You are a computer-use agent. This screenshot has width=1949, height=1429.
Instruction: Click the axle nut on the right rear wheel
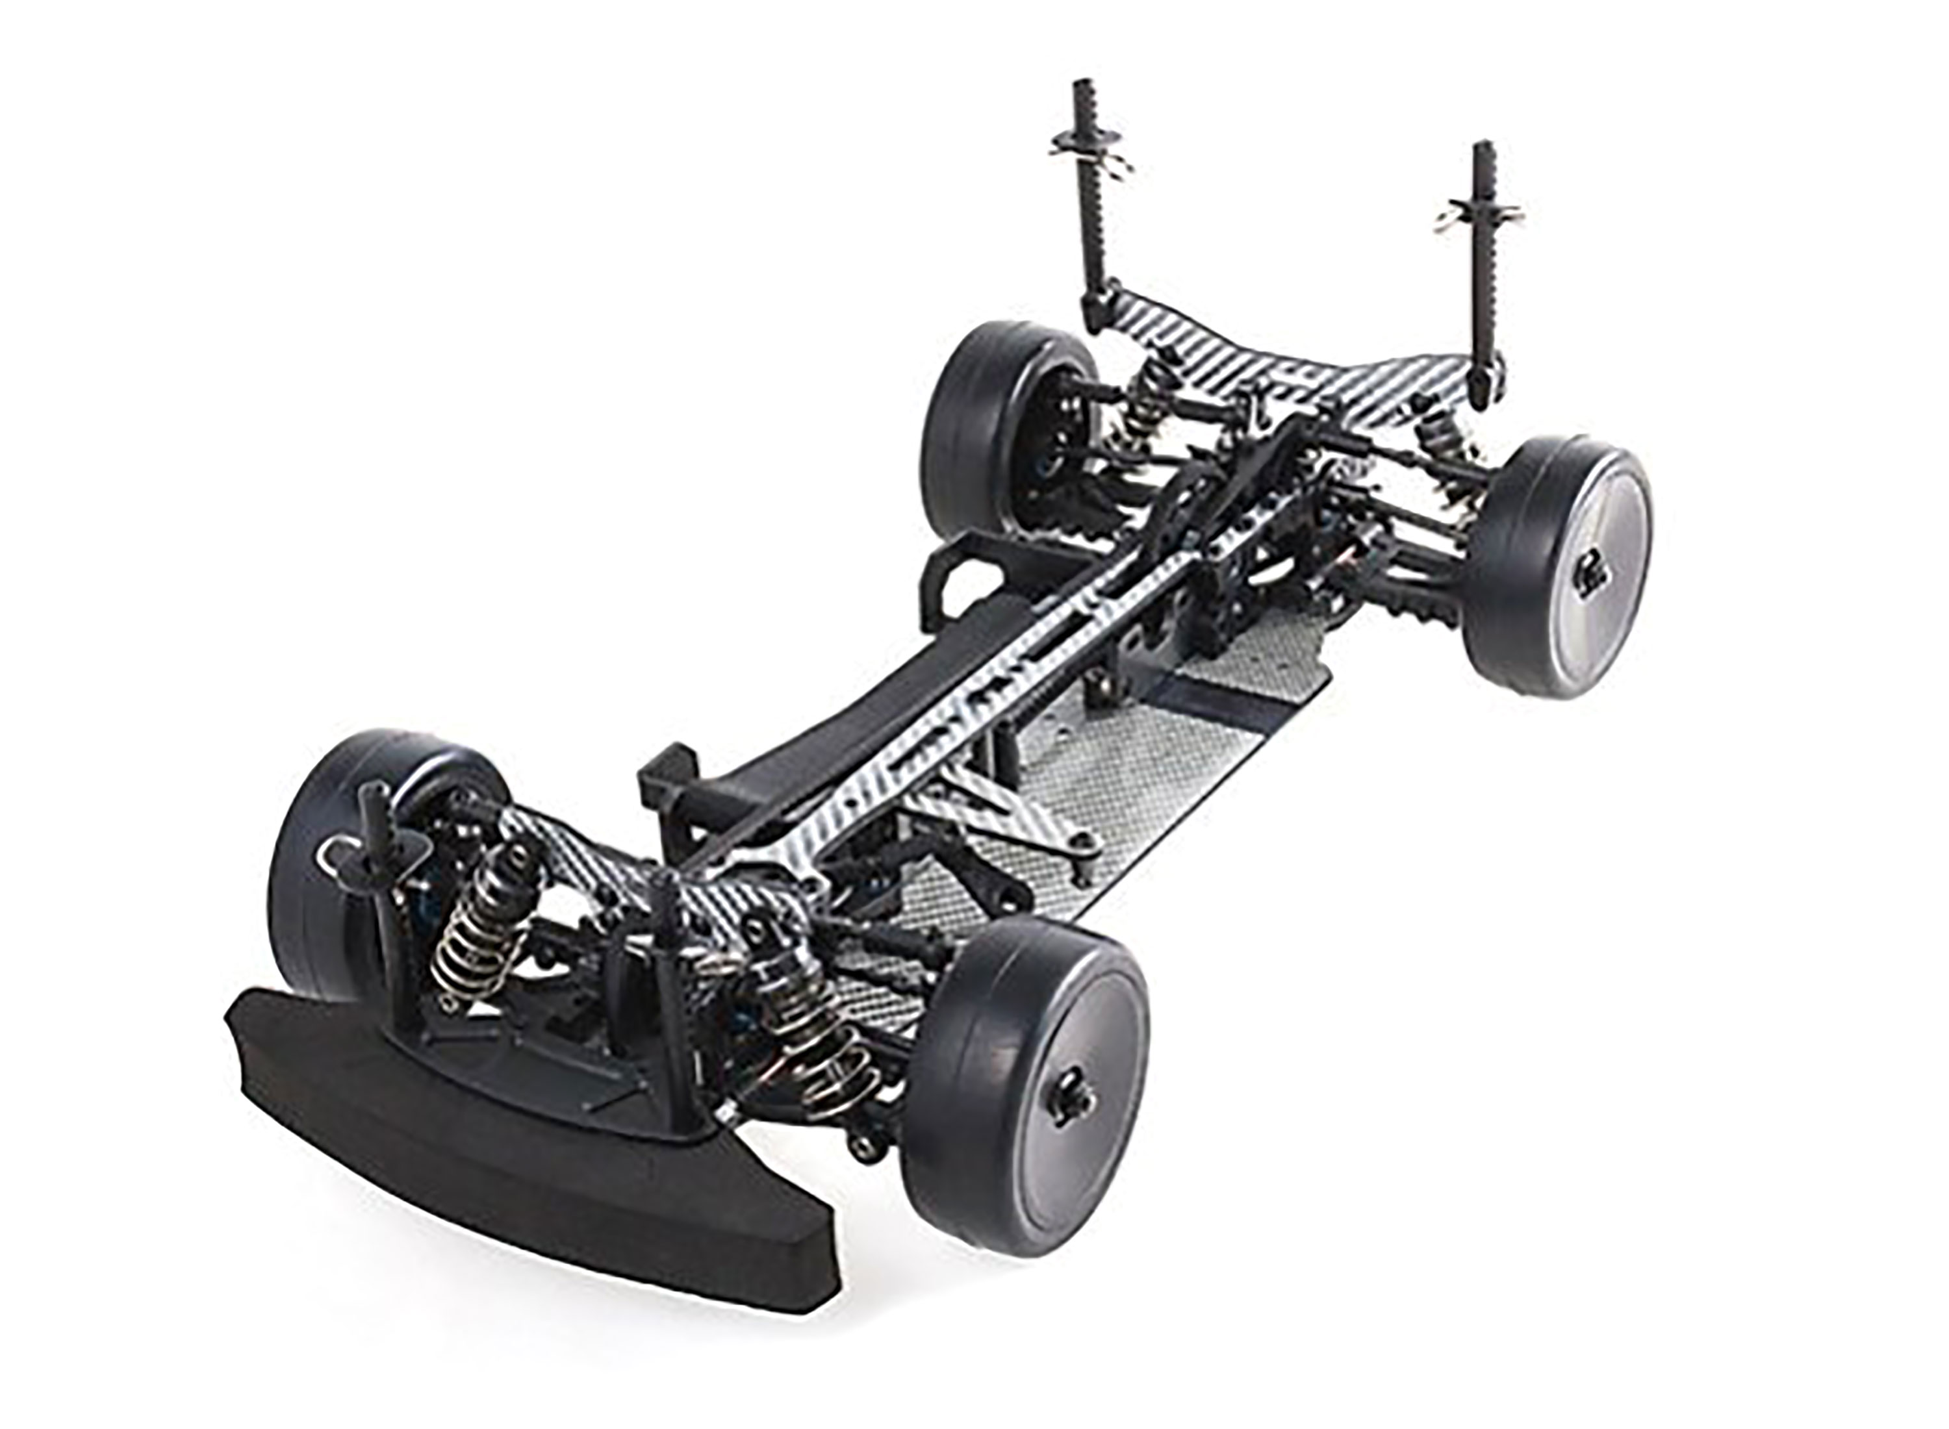click(1590, 571)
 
